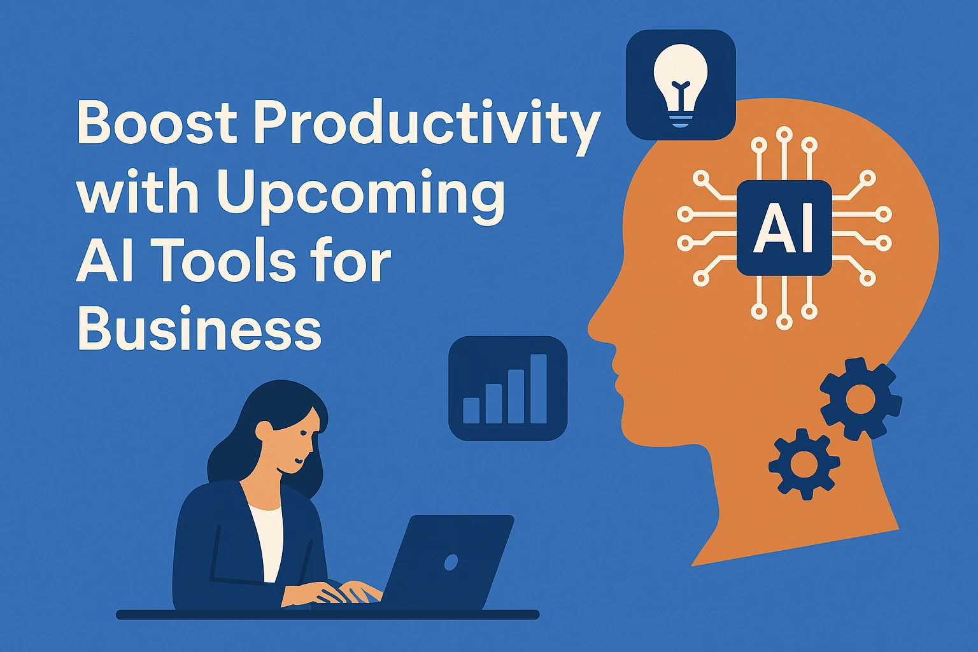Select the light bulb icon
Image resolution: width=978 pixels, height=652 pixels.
click(x=681, y=85)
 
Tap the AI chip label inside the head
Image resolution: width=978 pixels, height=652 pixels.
click(x=784, y=227)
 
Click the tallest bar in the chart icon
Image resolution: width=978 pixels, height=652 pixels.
click(x=539, y=388)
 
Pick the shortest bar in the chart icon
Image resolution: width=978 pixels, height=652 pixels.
click(x=471, y=411)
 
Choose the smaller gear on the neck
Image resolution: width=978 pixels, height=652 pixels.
click(x=804, y=464)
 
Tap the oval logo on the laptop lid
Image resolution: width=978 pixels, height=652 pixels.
click(x=451, y=562)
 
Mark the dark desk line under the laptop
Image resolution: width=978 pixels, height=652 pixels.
click(x=327, y=614)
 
